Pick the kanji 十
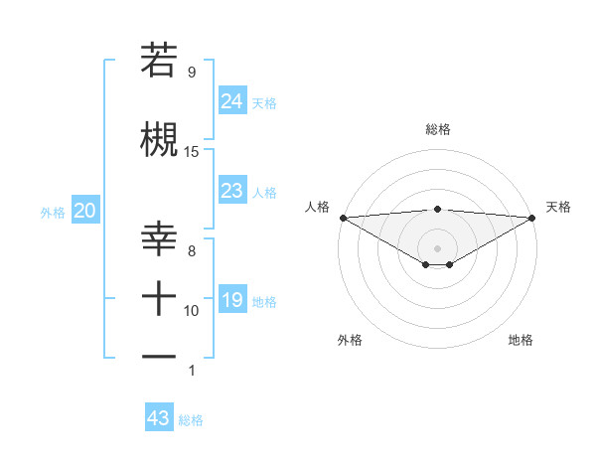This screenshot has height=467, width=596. pyautogui.click(x=159, y=297)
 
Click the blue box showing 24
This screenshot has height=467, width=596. pyautogui.click(x=231, y=100)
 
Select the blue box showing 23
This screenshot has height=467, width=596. pyautogui.click(x=231, y=190)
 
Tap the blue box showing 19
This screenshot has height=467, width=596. pyautogui.click(x=231, y=299)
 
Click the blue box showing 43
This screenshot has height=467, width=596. pyautogui.click(x=158, y=418)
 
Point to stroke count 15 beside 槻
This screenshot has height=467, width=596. pyautogui.click(x=192, y=152)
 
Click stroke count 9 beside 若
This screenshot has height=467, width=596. pyautogui.click(x=191, y=73)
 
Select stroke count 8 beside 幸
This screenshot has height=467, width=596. pyautogui.click(x=191, y=251)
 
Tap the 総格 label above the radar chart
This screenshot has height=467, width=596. pyautogui.click(x=437, y=129)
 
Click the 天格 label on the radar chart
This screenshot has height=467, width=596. pyautogui.click(x=558, y=207)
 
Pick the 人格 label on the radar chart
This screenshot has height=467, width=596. pyautogui.click(x=317, y=207)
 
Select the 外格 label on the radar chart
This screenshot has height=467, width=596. pyautogui.click(x=350, y=340)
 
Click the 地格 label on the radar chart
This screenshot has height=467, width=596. pyautogui.click(x=521, y=340)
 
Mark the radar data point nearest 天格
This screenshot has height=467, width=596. pyautogui.click(x=532, y=218)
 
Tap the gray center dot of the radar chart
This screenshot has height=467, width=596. pyautogui.click(x=437, y=247)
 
